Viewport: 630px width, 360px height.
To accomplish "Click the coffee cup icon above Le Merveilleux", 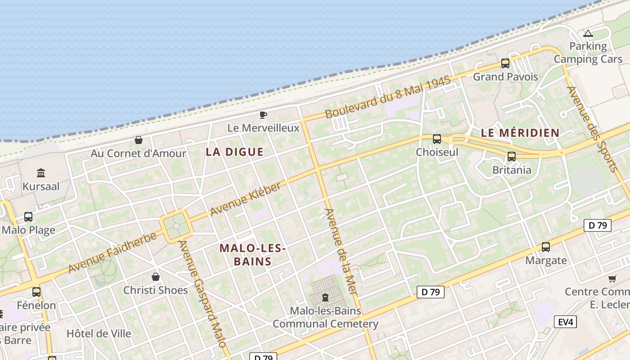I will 263,115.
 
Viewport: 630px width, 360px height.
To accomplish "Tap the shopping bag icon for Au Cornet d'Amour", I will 139,140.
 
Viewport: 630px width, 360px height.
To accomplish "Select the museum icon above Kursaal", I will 41,173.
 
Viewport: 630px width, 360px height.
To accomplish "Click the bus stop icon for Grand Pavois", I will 505,63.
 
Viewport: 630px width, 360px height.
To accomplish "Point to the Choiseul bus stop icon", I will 437,139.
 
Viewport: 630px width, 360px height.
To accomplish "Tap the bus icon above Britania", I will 512,157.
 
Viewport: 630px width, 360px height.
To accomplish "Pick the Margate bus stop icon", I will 546,247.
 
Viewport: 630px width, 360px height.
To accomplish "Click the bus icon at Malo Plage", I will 28,217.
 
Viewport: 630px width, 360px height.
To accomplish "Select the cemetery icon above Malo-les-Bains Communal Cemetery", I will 325,297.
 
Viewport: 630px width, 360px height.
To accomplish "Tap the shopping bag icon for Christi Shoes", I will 156,276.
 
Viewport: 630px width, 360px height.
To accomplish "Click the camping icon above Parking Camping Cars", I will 588,33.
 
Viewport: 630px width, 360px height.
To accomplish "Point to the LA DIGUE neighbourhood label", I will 234,152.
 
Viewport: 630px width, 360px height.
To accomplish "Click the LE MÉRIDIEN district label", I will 520,133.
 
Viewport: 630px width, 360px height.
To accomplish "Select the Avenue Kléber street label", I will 246,198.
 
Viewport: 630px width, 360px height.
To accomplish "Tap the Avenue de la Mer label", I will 341,252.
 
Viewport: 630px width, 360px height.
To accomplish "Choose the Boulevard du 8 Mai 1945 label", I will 387,98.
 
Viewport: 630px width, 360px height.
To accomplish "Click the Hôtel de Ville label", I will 99,333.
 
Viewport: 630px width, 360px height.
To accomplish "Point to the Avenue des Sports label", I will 592,129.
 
